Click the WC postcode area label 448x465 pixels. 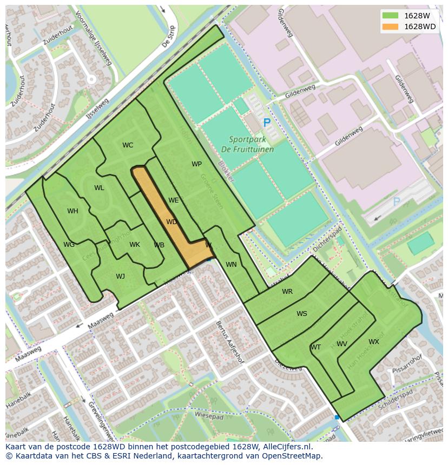coord(128,145)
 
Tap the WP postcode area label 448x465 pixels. coord(196,164)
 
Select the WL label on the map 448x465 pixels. coord(99,188)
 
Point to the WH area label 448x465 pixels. coord(73,211)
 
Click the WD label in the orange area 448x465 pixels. coord(172,222)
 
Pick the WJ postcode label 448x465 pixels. coord(120,277)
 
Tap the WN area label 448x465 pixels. coord(231,265)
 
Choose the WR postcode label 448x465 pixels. coord(287,292)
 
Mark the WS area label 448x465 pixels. coord(301,314)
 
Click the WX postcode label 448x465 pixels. coord(374,342)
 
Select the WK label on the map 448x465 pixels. coord(135,245)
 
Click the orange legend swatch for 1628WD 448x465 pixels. coord(390,26)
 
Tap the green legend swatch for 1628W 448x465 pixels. coord(390,16)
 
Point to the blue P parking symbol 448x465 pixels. coord(266,123)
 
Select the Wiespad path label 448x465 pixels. coord(209,417)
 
